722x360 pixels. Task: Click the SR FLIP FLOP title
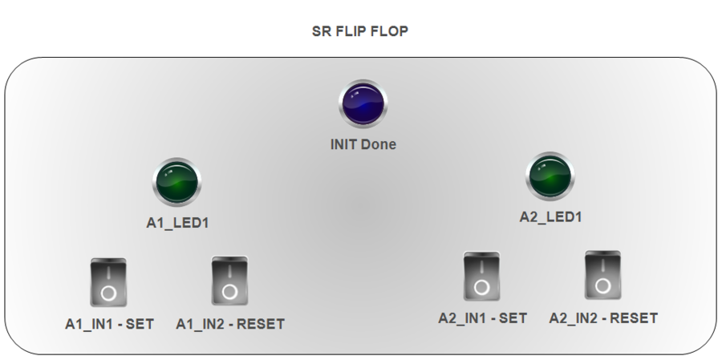360,32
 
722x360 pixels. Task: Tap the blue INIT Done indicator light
363,104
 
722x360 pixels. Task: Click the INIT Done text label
363,145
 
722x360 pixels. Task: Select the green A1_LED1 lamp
176,181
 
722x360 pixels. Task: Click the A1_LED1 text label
177,223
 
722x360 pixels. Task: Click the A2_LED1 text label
550,216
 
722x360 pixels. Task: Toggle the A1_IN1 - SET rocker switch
108,282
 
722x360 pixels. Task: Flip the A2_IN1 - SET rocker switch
481,276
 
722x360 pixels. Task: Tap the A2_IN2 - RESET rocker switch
602,275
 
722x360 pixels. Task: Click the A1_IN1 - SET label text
109,325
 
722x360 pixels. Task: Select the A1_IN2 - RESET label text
229,325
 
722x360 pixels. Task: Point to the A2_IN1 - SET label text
482,318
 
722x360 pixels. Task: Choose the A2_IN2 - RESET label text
603,318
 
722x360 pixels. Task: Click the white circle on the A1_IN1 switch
108,293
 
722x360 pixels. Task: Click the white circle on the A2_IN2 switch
602,286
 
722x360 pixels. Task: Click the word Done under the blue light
380,145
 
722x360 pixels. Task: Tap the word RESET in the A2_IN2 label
634,318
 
